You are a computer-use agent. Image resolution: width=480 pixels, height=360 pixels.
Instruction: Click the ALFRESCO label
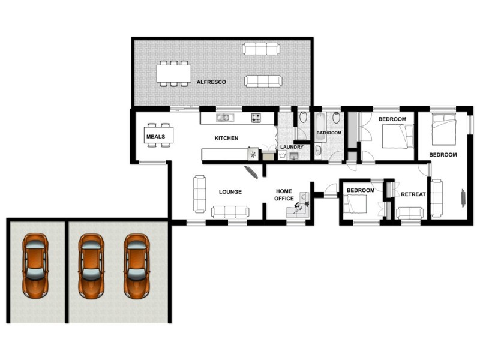(x=211, y=82)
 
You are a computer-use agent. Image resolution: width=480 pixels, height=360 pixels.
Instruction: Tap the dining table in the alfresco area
(x=173, y=73)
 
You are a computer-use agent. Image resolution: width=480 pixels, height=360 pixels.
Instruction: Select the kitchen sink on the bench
(x=226, y=118)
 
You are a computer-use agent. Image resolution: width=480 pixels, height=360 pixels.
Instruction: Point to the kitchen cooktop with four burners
(x=256, y=118)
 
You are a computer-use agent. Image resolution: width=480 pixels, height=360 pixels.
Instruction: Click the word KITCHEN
(x=227, y=138)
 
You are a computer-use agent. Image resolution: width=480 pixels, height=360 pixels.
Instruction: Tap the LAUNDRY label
(x=292, y=147)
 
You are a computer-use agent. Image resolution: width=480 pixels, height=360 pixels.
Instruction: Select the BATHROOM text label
(x=329, y=133)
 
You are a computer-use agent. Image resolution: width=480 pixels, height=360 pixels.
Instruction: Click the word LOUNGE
(x=230, y=192)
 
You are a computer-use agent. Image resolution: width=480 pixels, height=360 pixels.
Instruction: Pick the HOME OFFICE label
(x=284, y=194)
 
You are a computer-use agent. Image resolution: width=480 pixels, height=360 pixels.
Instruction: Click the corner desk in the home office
(x=300, y=204)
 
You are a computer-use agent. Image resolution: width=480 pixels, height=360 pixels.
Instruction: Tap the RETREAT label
(x=413, y=194)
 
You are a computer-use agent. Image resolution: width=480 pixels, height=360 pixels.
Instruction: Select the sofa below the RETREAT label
(x=410, y=213)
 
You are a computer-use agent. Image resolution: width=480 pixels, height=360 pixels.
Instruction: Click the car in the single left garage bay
(x=35, y=265)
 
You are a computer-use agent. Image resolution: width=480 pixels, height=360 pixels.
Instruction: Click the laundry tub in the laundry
(x=293, y=156)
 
